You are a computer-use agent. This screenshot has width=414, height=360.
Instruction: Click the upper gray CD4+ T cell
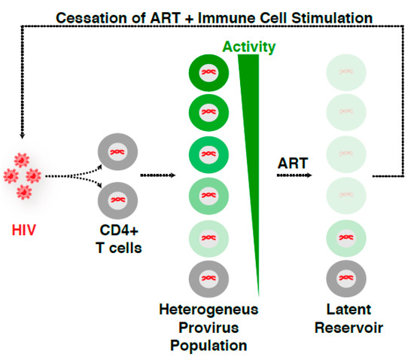point(119,151)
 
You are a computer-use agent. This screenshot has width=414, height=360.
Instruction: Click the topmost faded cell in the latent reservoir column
point(346,75)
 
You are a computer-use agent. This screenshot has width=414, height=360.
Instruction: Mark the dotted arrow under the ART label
point(291,175)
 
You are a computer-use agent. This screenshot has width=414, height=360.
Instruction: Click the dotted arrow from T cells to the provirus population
point(158,175)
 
